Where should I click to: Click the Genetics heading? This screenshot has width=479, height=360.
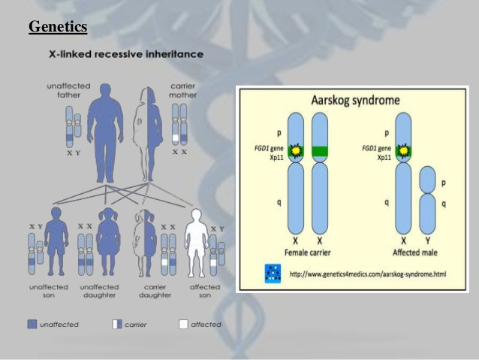coord(58,27)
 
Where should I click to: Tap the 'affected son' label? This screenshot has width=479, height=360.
coord(205,291)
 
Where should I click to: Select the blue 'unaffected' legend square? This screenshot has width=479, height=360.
coord(31,325)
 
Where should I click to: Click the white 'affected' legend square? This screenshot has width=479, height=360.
coord(183,325)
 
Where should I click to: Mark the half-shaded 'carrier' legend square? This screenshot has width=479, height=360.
coord(116,325)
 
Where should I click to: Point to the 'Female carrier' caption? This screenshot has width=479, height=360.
coord(307,250)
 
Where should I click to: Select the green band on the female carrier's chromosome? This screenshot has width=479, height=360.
coord(321,152)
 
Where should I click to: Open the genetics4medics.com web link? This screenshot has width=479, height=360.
coord(367,274)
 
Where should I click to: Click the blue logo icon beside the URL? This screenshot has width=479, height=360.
coord(273,274)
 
